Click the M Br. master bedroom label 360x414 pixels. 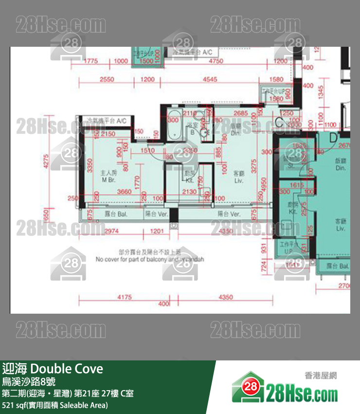(108, 176)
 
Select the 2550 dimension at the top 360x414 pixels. (106, 79)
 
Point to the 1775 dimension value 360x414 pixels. (91, 61)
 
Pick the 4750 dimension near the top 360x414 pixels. (216, 61)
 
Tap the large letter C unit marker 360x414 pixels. (279, 122)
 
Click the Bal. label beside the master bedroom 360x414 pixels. (113, 214)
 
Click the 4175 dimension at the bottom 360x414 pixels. (125, 297)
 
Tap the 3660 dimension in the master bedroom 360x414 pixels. (125, 192)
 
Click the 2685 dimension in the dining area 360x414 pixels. (241, 114)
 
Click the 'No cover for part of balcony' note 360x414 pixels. (150, 260)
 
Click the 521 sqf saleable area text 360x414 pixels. (54, 405)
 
